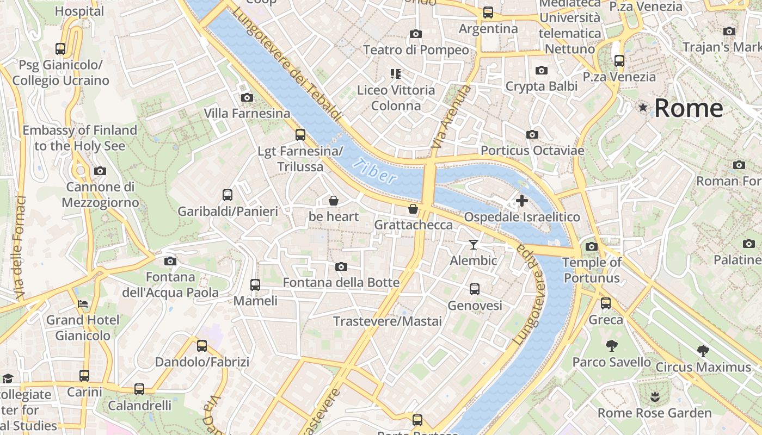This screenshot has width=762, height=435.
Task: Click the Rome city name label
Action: click(x=689, y=108)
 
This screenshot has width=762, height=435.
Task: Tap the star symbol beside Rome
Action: click(x=643, y=107)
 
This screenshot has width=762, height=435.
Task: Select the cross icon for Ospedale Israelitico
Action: click(x=521, y=201)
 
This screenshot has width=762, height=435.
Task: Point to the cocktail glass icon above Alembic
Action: click(x=474, y=245)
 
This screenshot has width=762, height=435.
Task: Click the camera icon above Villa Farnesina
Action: click(x=247, y=97)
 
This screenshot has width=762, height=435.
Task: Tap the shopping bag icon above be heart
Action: click(x=334, y=201)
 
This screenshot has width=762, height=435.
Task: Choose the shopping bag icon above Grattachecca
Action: click(x=413, y=209)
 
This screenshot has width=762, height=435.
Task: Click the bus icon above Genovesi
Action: click(x=475, y=289)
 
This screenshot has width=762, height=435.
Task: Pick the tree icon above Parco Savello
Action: click(x=611, y=346)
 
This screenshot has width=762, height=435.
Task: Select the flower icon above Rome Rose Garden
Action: click(x=655, y=397)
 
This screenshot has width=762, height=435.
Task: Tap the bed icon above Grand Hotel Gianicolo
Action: click(x=83, y=303)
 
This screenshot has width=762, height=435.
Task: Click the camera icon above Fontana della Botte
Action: click(x=341, y=266)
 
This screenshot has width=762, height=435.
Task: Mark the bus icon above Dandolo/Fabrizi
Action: click(x=202, y=345)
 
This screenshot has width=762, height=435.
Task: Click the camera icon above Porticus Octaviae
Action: click(x=532, y=134)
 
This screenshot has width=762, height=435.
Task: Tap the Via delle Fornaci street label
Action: click(x=21, y=247)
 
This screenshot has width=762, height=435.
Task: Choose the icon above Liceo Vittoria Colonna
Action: click(x=396, y=73)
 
